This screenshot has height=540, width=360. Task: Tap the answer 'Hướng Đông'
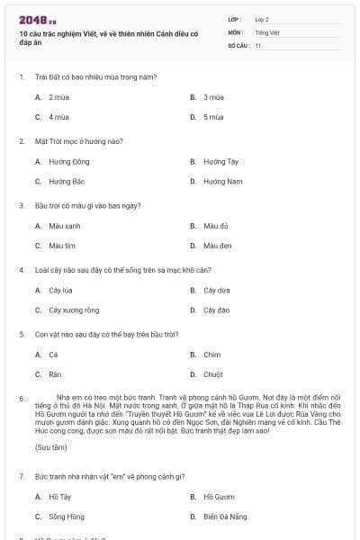click(68, 161)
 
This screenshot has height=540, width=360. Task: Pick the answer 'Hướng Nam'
click(222, 182)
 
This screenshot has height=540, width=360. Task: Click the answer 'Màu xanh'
click(65, 226)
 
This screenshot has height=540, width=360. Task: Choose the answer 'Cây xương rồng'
click(74, 310)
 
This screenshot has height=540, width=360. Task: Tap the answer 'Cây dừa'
click(216, 291)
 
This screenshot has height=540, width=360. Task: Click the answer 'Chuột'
click(212, 374)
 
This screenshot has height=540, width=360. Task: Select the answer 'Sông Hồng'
click(67, 517)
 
